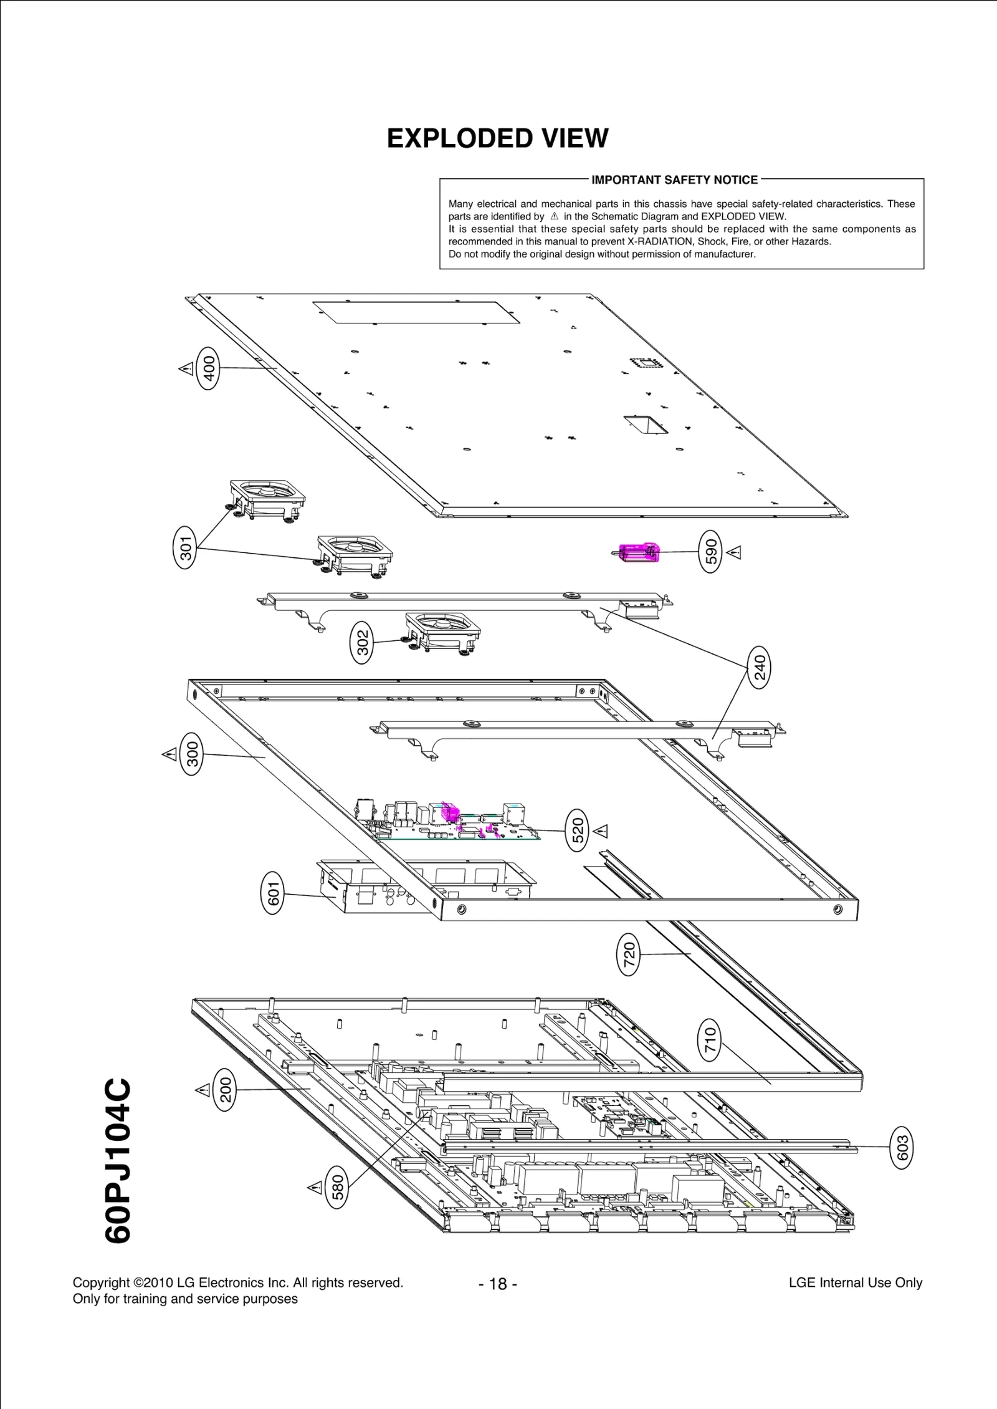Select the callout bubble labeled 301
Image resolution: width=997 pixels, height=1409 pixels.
pos(185,547)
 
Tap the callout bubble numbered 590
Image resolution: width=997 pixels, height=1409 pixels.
pos(711,551)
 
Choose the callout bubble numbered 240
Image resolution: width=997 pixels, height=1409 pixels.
pos(760,667)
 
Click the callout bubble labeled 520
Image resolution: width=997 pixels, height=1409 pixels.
pos(578,830)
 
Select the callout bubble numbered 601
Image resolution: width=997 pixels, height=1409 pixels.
pos(272,893)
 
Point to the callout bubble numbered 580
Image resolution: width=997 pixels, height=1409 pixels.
pos(337,1187)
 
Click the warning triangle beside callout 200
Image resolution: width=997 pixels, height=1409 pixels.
pos(203,1090)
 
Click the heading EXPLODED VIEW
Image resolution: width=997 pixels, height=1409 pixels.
pos(497,138)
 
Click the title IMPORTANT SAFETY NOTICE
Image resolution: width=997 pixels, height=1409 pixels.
pos(674,180)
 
